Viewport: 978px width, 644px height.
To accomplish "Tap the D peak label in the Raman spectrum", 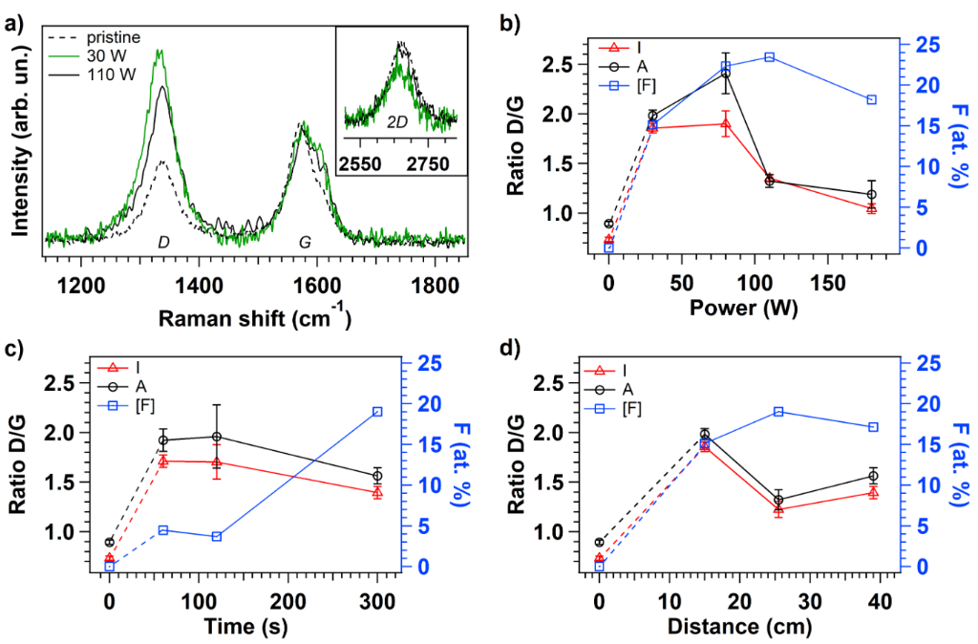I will click(163, 243).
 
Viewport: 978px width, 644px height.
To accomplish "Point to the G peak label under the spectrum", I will click(306, 243).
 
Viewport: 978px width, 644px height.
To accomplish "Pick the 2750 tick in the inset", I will click(427, 164).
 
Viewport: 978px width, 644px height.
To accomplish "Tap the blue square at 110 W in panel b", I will click(769, 56).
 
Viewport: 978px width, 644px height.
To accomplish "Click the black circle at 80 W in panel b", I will click(725, 74).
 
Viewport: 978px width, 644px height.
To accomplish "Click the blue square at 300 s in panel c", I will click(377, 412).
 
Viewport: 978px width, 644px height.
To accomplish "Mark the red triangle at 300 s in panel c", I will click(377, 492).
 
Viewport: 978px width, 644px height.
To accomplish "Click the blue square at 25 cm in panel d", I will click(778, 412).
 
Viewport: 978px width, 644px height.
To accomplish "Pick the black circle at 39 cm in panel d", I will click(873, 476).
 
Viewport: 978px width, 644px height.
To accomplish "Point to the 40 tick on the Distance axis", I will click(880, 601).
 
